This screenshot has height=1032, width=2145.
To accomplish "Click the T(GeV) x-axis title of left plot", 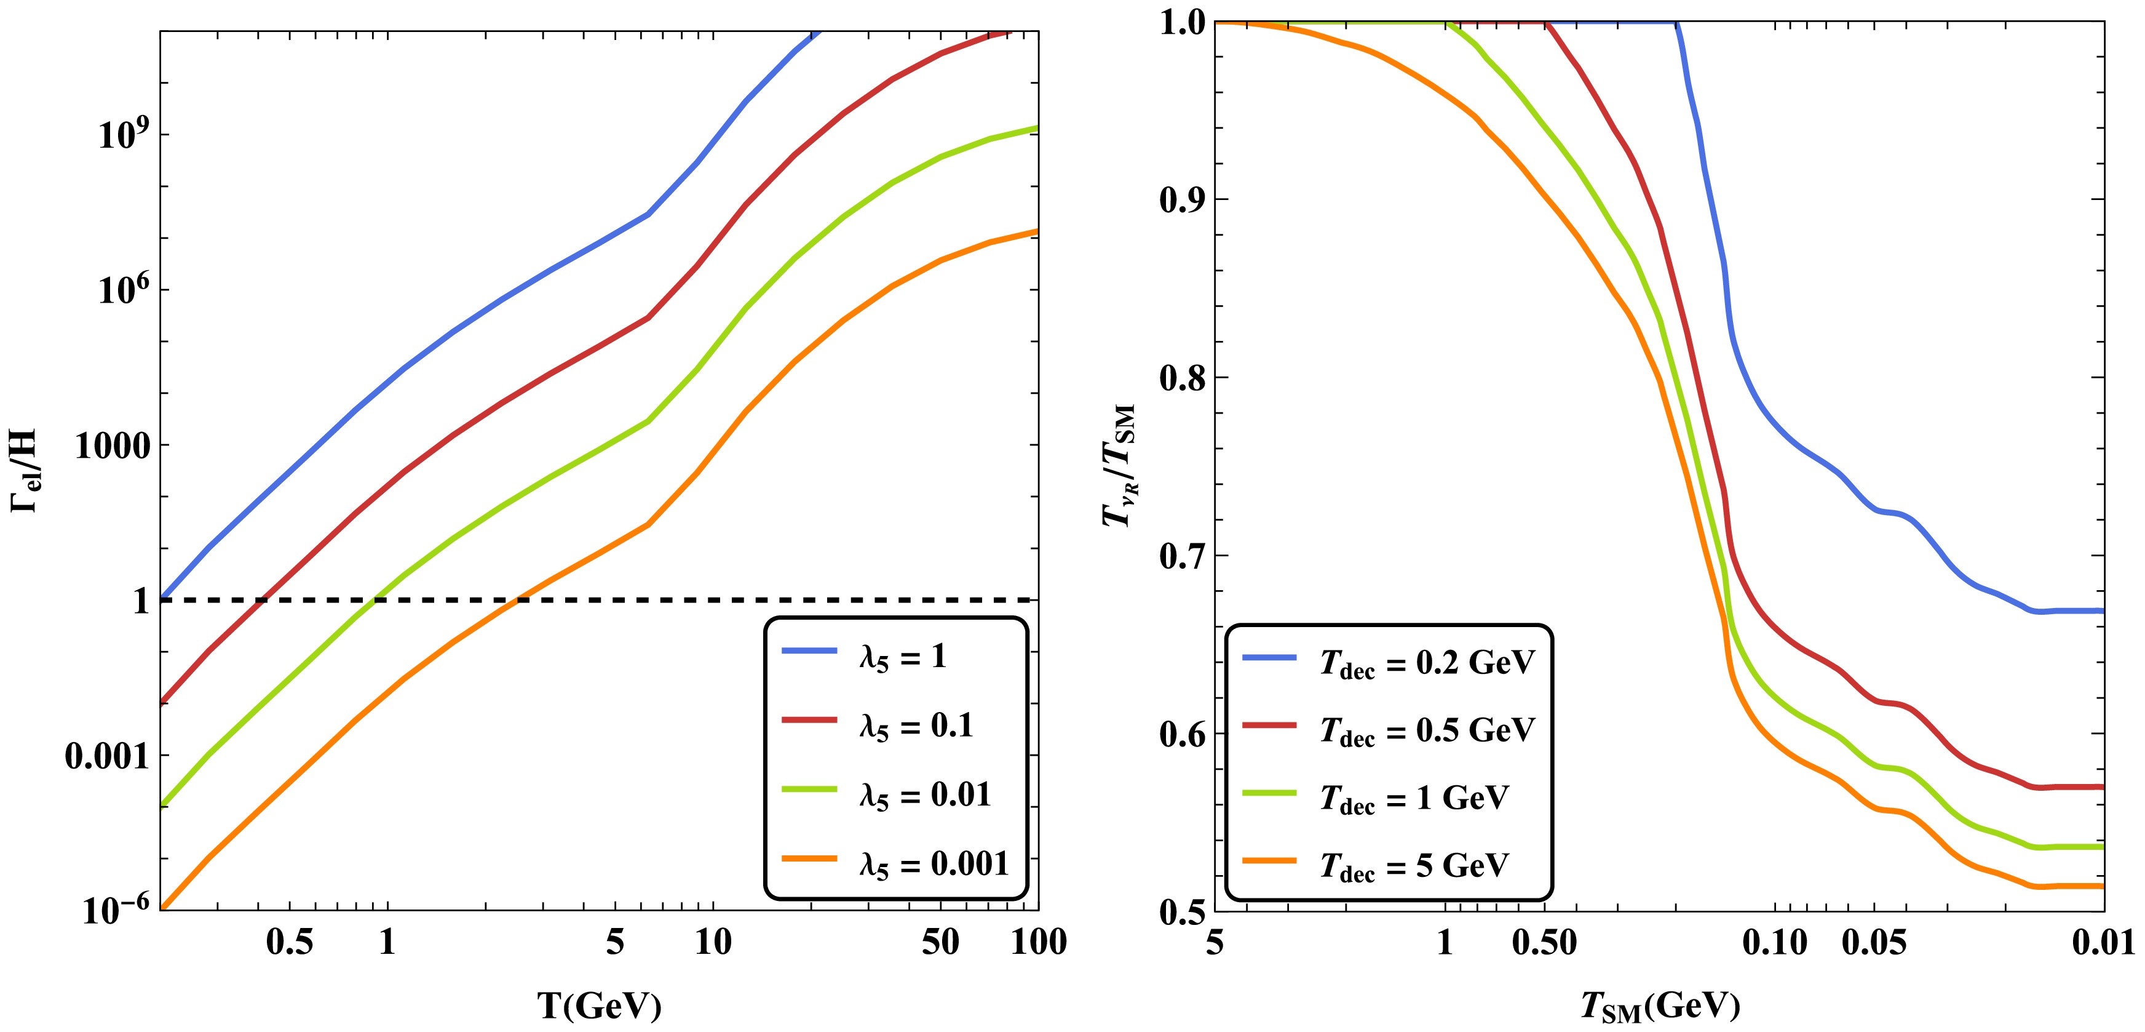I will click(600, 1006).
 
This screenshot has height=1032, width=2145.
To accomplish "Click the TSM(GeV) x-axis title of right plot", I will click(1660, 1007).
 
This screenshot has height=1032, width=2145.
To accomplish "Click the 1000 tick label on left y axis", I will click(113, 446).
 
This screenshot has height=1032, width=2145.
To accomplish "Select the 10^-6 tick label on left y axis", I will click(117, 910).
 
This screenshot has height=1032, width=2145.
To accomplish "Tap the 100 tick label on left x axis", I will click(1038, 942).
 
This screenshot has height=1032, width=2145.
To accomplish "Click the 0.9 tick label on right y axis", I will click(1183, 200).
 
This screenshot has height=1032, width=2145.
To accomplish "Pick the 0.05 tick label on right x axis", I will click(1873, 942).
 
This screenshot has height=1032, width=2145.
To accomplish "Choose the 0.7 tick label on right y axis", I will click(1183, 556).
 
